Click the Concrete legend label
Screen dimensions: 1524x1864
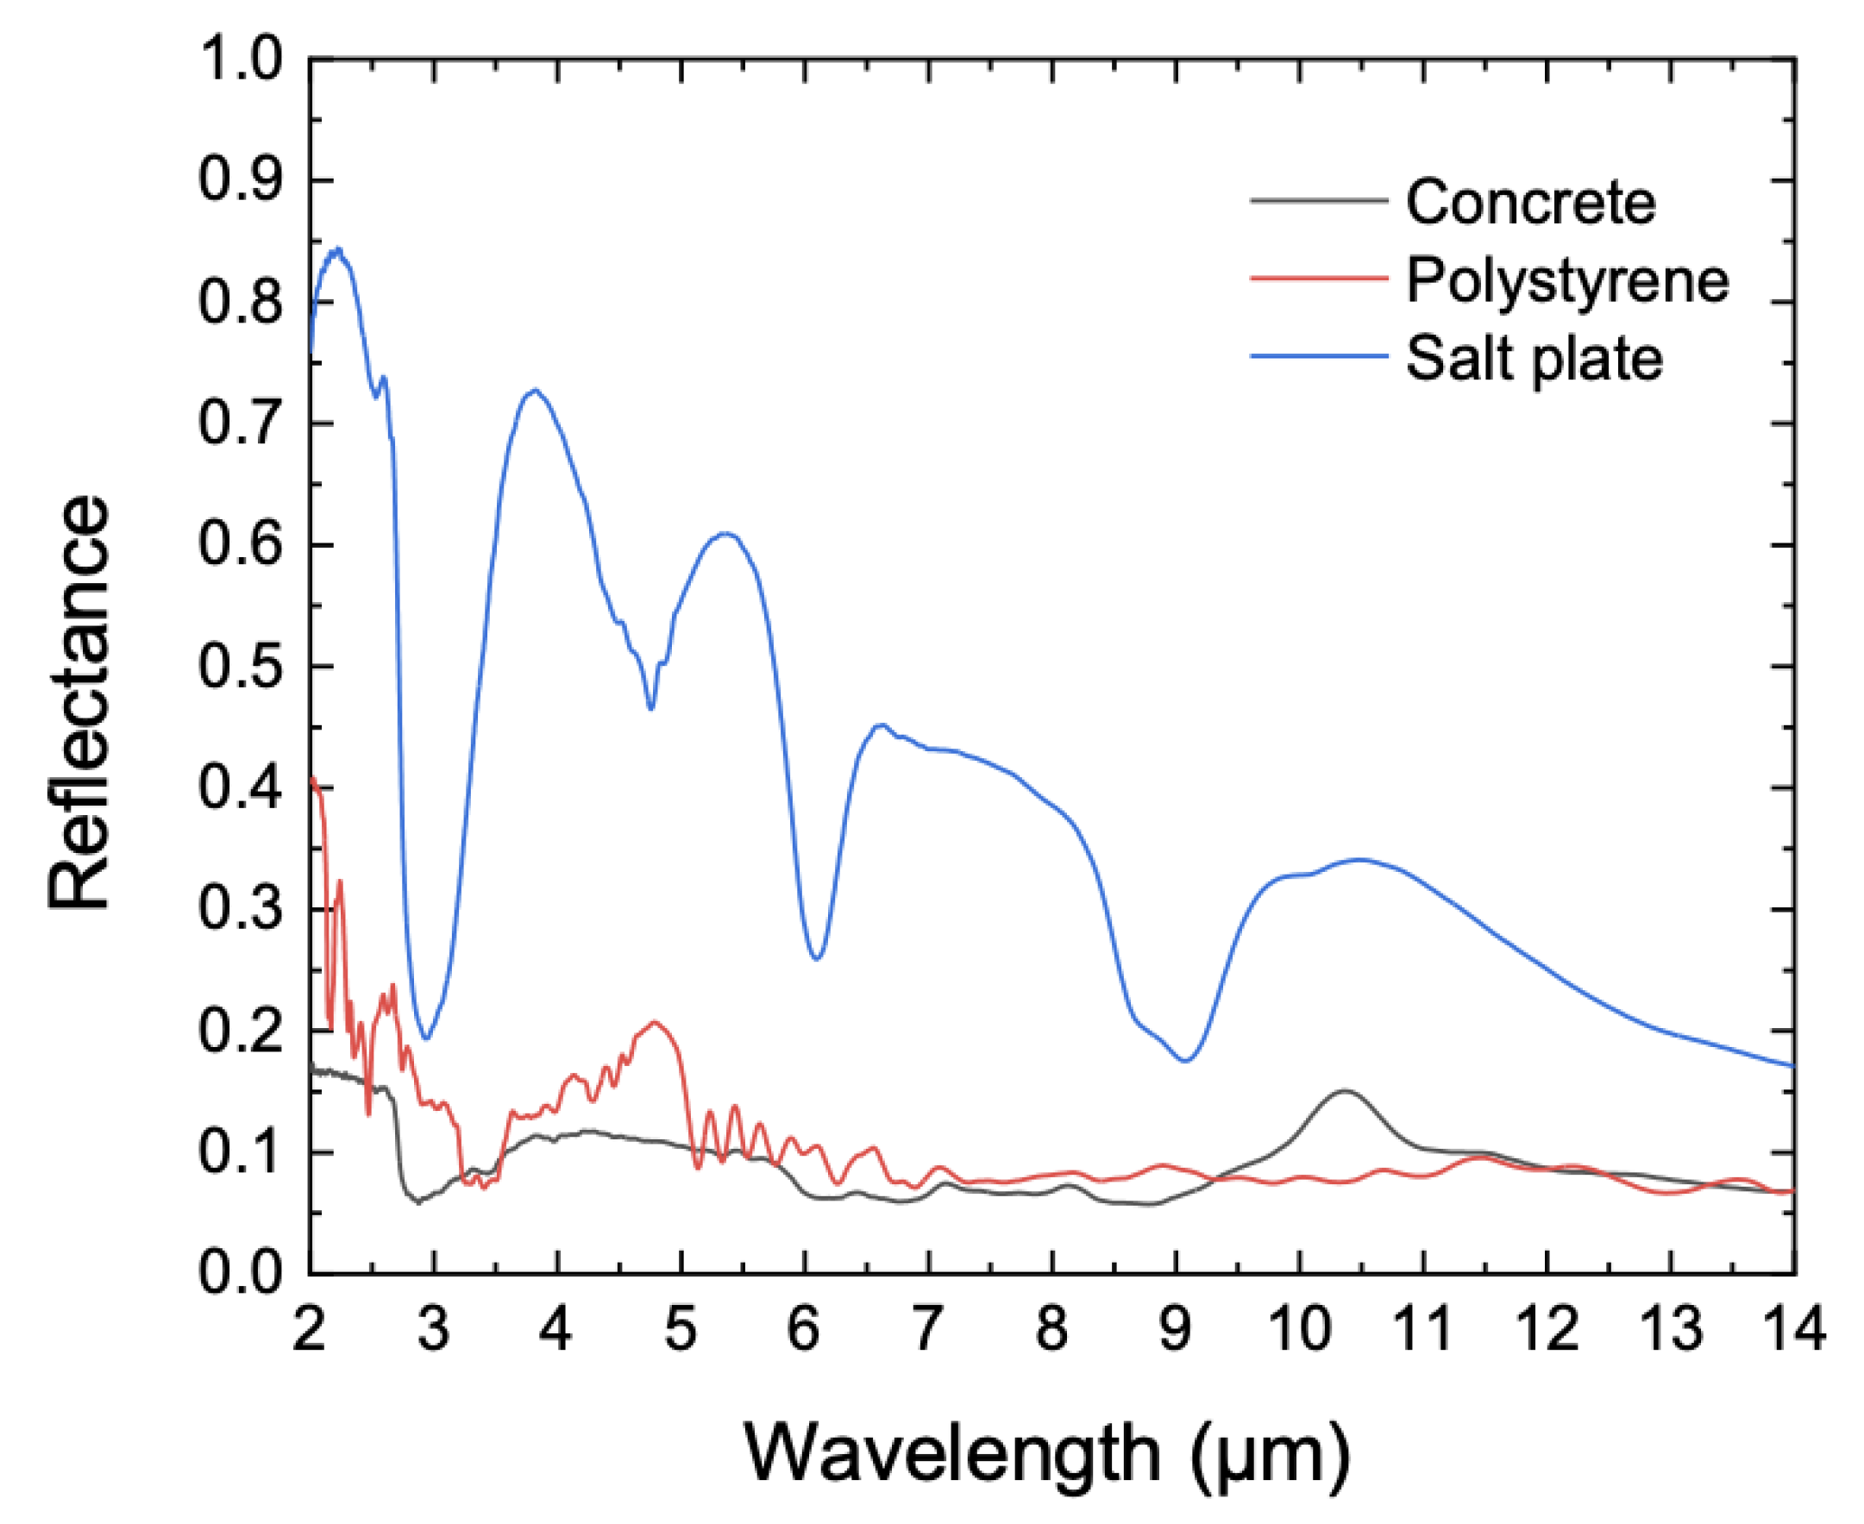[1530, 203]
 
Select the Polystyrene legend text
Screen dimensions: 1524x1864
[1567, 281]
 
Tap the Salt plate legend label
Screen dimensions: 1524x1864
[1534, 359]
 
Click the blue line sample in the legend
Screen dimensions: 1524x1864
[1318, 356]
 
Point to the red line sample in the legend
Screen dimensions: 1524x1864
[1318, 279]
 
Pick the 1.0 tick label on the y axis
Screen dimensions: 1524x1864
[241, 60]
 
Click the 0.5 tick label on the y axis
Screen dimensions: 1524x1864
[241, 668]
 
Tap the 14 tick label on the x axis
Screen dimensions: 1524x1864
[1794, 1328]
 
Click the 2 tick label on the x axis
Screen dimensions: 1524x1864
[310, 1328]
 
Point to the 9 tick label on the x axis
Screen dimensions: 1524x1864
[1176, 1328]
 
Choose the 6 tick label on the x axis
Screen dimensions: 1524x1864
[804, 1328]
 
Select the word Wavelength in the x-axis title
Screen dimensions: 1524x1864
[952, 1454]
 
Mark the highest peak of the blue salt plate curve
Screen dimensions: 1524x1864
[337, 250]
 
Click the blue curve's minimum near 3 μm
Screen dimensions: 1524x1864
[426, 1038]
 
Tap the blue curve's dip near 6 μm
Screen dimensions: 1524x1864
[817, 959]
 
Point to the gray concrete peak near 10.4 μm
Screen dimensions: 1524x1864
[1344, 1091]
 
